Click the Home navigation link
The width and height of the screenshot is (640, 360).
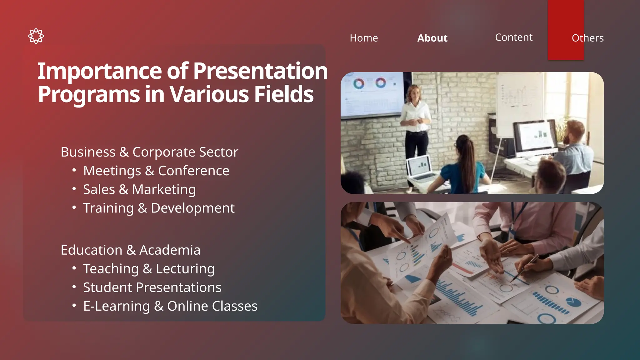(364, 38)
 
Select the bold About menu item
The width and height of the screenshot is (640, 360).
(432, 38)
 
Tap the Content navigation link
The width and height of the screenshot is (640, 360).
(513, 37)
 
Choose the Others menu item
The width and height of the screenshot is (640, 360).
(587, 38)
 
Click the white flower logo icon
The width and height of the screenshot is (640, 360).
(36, 36)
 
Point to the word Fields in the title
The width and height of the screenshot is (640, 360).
(283, 94)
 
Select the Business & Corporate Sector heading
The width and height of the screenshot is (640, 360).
(149, 152)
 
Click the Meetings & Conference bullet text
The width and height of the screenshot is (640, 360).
(156, 171)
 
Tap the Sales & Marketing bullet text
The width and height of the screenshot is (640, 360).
(139, 190)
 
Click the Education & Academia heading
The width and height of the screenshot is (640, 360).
(130, 250)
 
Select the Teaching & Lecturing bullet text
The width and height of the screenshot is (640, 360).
(149, 269)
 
